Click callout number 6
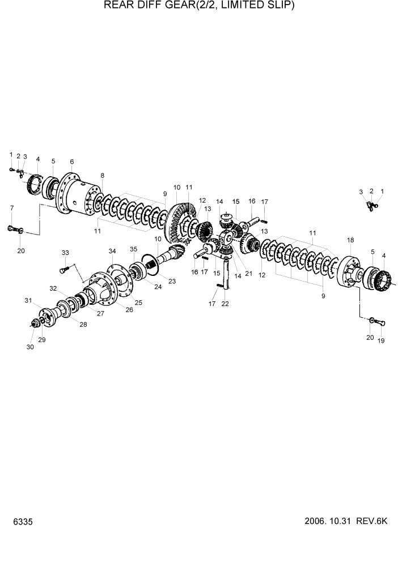[72, 161]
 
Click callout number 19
[381, 340]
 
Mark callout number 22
[225, 304]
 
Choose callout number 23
[172, 281]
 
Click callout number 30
[30, 347]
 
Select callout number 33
[65, 252]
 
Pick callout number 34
[112, 251]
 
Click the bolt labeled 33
[66, 266]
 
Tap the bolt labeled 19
[382, 323]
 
